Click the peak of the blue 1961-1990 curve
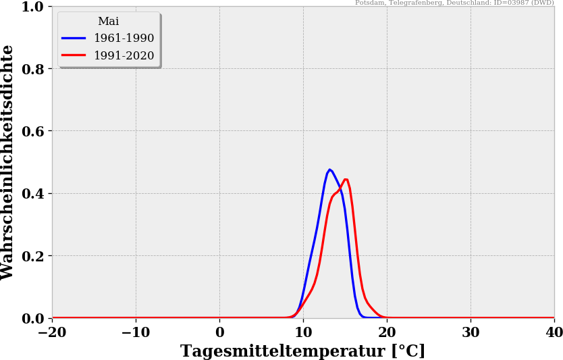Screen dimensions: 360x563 pyautogui.click(x=329, y=170)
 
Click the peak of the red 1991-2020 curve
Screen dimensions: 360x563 pyautogui.click(x=346, y=179)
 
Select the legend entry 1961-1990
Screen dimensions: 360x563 pyautogui.click(x=124, y=38)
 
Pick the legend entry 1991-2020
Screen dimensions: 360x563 pyautogui.click(x=124, y=56)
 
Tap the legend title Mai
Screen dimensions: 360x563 pyautogui.click(x=108, y=22)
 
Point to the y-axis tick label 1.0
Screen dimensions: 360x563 pyautogui.click(x=32, y=7)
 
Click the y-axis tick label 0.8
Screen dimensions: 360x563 pyautogui.click(x=32, y=69)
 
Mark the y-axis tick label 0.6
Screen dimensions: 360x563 pyautogui.click(x=32, y=131)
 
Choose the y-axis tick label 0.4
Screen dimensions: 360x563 pyautogui.click(x=32, y=194)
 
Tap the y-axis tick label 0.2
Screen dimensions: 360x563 pyautogui.click(x=32, y=256)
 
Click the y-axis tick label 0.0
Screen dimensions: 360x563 pyautogui.click(x=32, y=318)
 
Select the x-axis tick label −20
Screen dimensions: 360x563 pyautogui.click(x=52, y=332)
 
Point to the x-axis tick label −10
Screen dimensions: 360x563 pyautogui.click(x=136, y=332)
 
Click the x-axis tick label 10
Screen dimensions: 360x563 pyautogui.click(x=303, y=332)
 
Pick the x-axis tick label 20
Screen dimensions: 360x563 pyautogui.click(x=387, y=332)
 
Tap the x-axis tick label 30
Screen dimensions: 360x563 pyautogui.click(x=471, y=332)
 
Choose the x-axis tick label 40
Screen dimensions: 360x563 pyautogui.click(x=554, y=332)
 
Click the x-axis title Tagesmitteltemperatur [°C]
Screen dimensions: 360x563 pyautogui.click(x=302, y=351)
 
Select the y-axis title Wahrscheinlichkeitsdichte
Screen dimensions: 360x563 pyautogui.click(x=8, y=162)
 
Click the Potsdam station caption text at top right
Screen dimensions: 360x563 pyautogui.click(x=454, y=3)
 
